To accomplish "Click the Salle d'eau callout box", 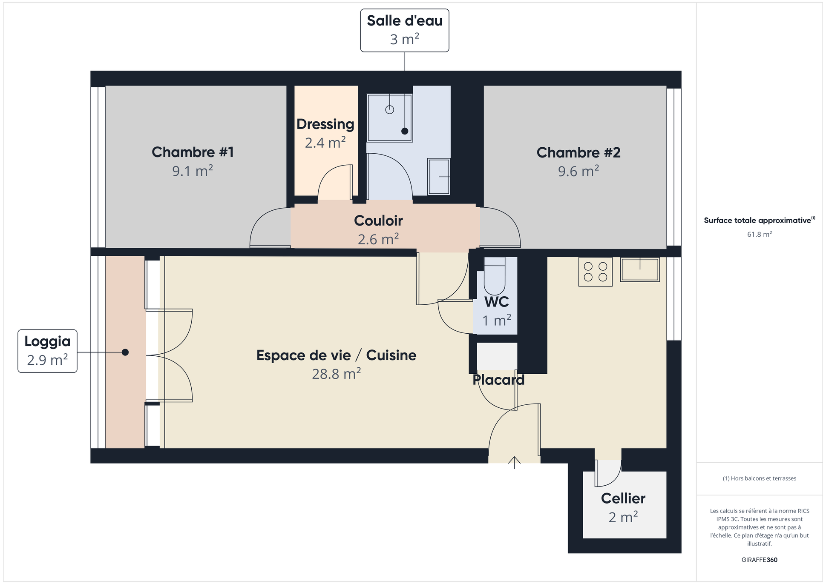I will pos(404,30).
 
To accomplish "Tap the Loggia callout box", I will pos(47,351).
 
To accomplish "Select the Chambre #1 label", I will pos(193,152).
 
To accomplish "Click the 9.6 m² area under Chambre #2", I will pos(578,172).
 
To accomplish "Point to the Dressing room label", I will pos(325,124).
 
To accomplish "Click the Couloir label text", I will pos(378,220).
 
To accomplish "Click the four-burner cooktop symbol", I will pos(595,272).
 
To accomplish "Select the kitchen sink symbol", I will pos(639,270).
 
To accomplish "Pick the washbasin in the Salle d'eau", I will pos(439,176).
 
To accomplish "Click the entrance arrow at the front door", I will pos(514,462).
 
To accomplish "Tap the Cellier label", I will pos(623,498).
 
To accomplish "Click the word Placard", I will pos(498,380).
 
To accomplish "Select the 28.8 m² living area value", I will pos(336,374).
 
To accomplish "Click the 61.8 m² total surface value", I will pos(759,234).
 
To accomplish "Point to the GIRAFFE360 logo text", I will pos(759,560).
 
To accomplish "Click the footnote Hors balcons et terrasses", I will pos(759,478).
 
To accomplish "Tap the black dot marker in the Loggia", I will pos(125,352).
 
